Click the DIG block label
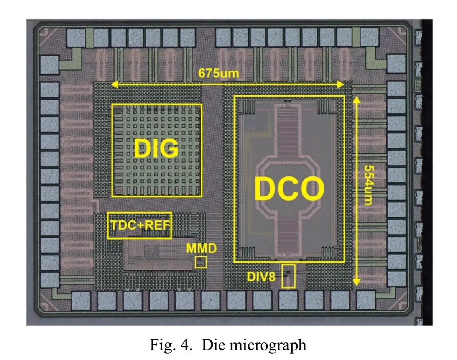pyautogui.click(x=156, y=148)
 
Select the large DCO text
pyautogui.click(x=289, y=189)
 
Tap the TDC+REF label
pyautogui.click(x=140, y=225)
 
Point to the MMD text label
pyautogui.click(x=201, y=248)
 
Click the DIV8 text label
pyautogui.click(x=261, y=276)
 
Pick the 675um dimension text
pyautogui.click(x=219, y=73)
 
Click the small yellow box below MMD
pyautogui.click(x=201, y=263)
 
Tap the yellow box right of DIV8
pyautogui.click(x=288, y=276)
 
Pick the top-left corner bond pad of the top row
pyautogui.click(x=75, y=37)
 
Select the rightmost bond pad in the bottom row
pyautogui.click(x=366, y=299)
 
